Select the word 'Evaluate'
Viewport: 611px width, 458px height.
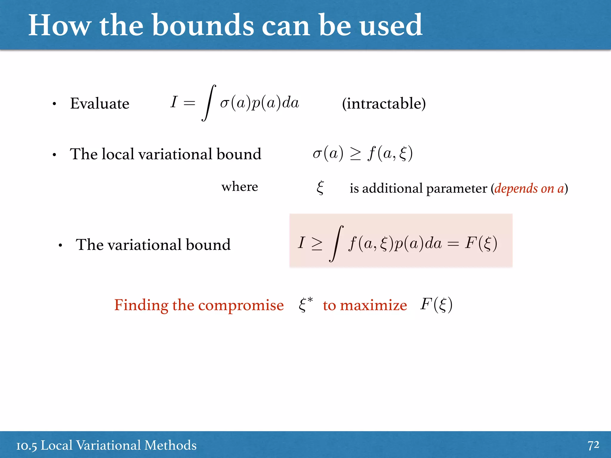(100, 103)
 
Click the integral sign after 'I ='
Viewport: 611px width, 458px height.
(209, 103)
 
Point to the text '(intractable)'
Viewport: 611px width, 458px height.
(384, 103)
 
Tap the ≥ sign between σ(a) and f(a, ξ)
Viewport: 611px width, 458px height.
(355, 154)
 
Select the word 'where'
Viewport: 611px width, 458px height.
(240, 187)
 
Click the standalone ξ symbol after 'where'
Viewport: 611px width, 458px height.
(320, 188)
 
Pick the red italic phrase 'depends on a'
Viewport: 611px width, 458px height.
(529, 188)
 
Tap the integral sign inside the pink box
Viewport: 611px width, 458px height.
(336, 244)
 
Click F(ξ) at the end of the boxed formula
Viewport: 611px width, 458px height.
(481, 243)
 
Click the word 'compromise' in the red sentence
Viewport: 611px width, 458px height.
(241, 305)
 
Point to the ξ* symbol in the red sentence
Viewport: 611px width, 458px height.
(305, 304)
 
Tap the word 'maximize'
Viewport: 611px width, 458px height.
(373, 305)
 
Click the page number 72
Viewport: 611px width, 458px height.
(593, 445)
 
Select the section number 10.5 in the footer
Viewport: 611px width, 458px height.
(27, 445)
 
